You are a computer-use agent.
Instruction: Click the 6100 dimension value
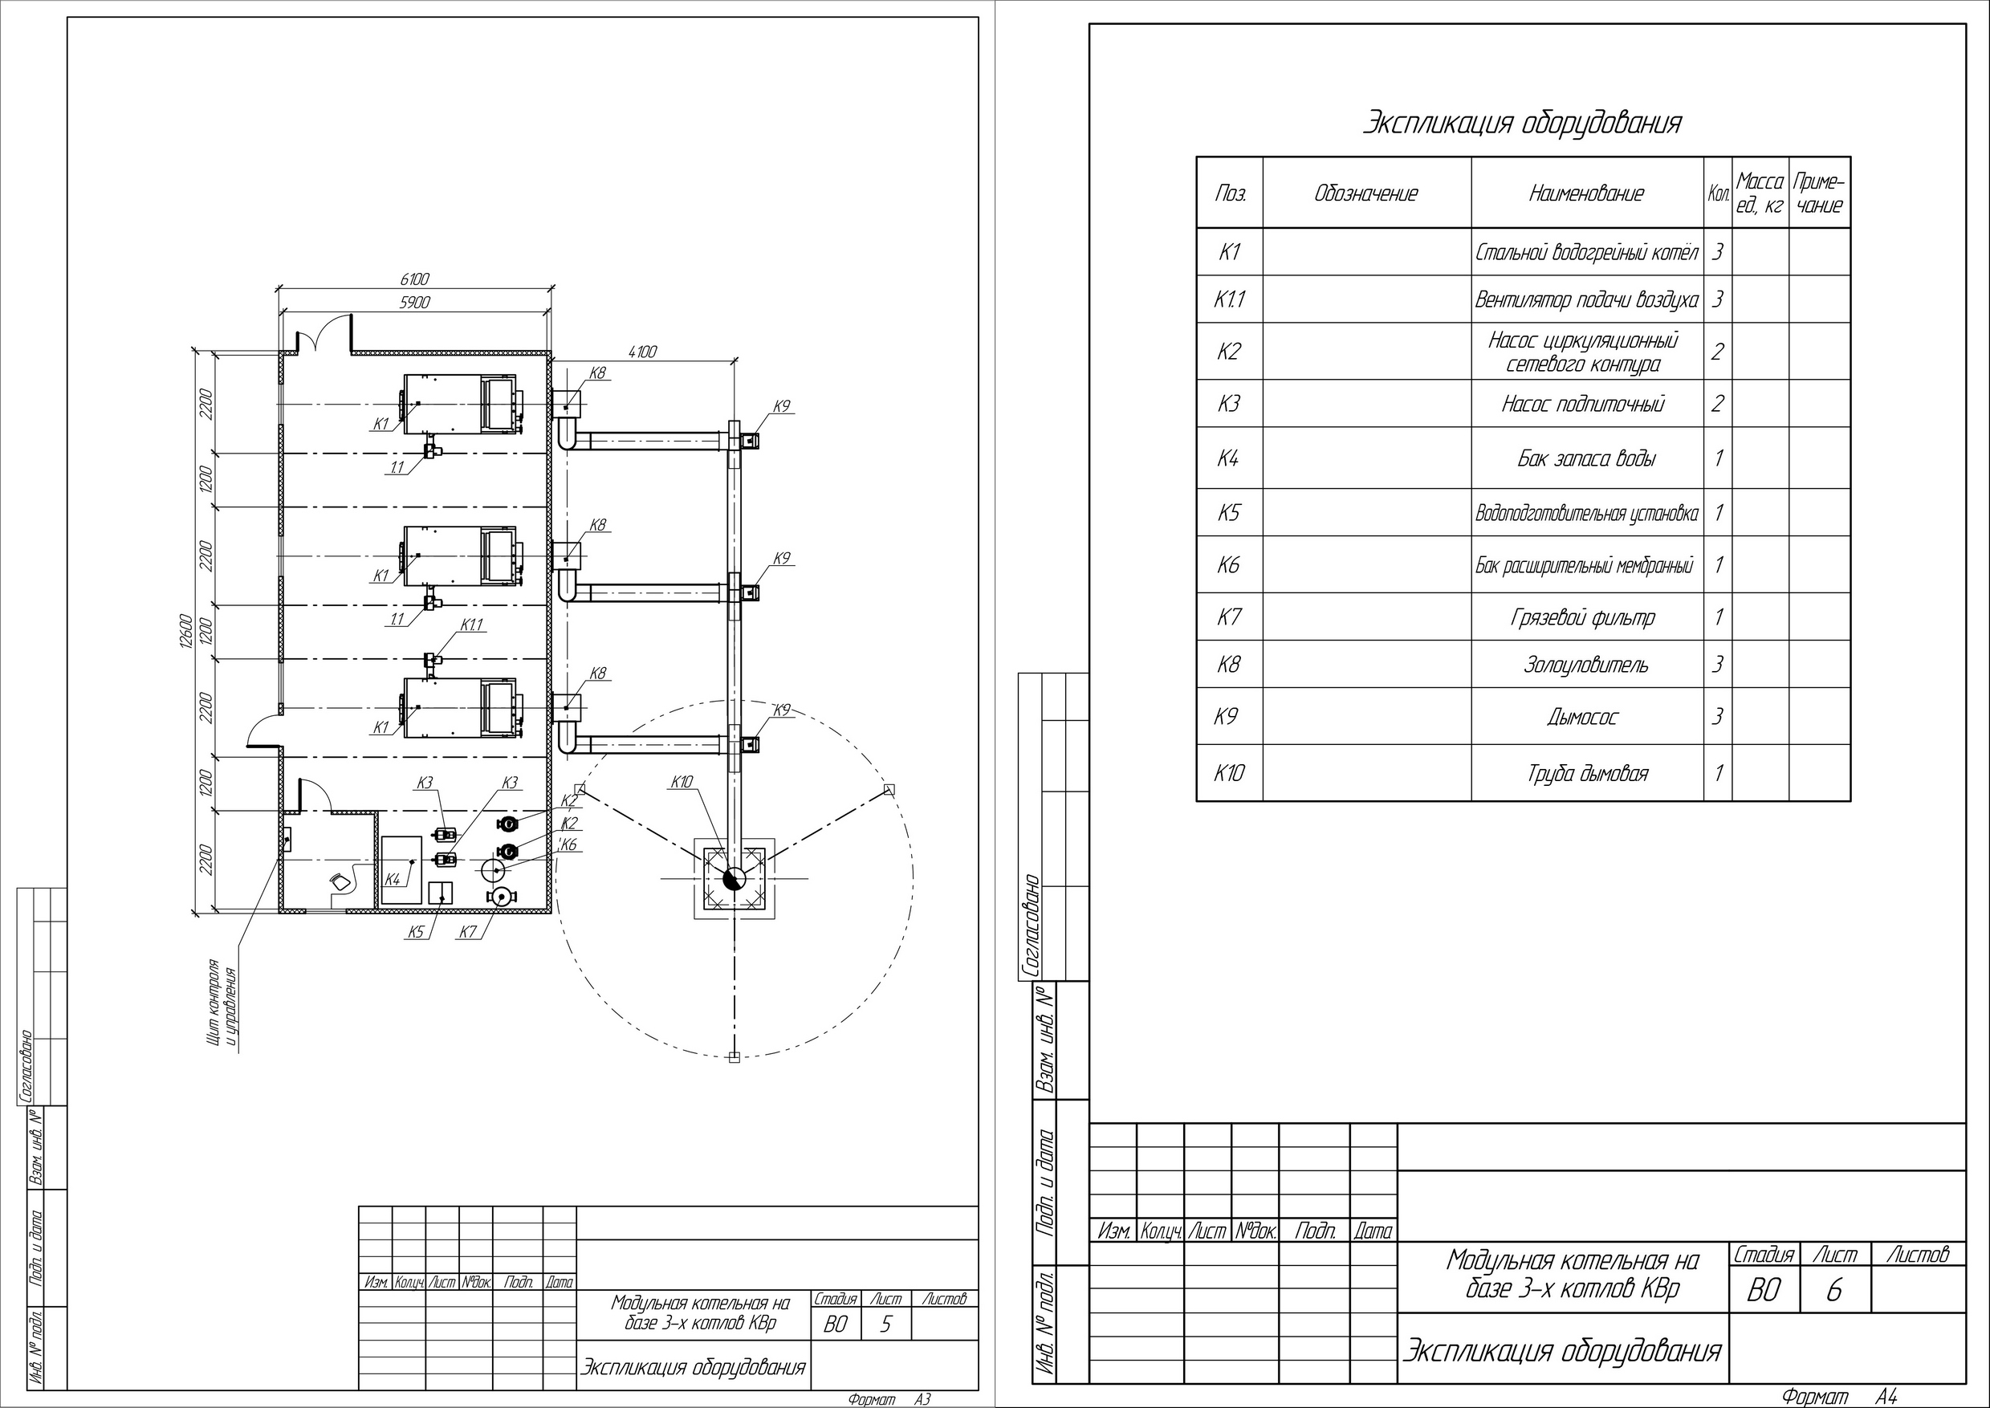pyautogui.click(x=414, y=279)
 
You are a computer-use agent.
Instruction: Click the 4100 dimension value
pyautogui.click(x=642, y=351)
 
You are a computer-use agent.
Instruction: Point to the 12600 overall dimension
pyautogui.click(x=185, y=631)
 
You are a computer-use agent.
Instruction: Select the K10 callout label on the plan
pyautogui.click(x=682, y=782)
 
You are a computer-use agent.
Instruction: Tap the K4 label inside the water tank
pyautogui.click(x=392, y=879)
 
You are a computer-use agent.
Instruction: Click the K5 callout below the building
pyautogui.click(x=415, y=932)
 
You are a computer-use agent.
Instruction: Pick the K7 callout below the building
pyautogui.click(x=468, y=932)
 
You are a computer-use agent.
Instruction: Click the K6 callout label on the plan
pyautogui.click(x=569, y=844)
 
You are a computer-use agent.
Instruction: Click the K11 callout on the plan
pyautogui.click(x=472, y=625)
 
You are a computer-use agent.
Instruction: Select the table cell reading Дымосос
pyautogui.click(x=1582, y=717)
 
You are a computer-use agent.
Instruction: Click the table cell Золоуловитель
pyautogui.click(x=1586, y=665)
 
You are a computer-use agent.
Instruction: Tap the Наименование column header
pyautogui.click(x=1586, y=193)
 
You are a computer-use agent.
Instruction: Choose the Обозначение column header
pyautogui.click(x=1365, y=193)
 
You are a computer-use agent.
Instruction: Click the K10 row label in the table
pyautogui.click(x=1229, y=772)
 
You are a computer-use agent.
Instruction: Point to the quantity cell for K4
pyautogui.click(x=1717, y=458)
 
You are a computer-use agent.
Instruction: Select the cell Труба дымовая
pyautogui.click(x=1587, y=772)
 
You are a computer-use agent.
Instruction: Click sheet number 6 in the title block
pyautogui.click(x=1834, y=1291)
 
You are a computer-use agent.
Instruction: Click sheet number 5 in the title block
pyautogui.click(x=885, y=1325)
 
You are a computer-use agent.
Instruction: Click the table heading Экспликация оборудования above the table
pyautogui.click(x=1522, y=123)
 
